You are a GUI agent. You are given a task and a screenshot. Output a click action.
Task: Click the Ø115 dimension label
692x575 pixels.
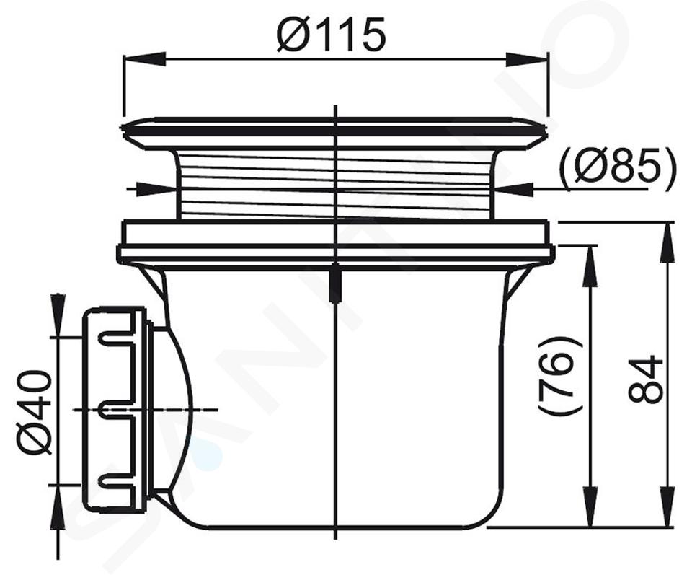pos(331,35)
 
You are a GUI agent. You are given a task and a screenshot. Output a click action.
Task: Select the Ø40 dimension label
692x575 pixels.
pos(34,413)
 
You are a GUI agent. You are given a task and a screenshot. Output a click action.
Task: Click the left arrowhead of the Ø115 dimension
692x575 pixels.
pos(145,58)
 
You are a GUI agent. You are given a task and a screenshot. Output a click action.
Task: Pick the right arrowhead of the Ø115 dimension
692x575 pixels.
pos(526,58)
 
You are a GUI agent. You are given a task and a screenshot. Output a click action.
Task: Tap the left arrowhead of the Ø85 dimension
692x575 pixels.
pos(156,190)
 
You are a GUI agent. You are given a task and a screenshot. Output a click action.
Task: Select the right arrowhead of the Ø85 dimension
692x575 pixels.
pos(513,190)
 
